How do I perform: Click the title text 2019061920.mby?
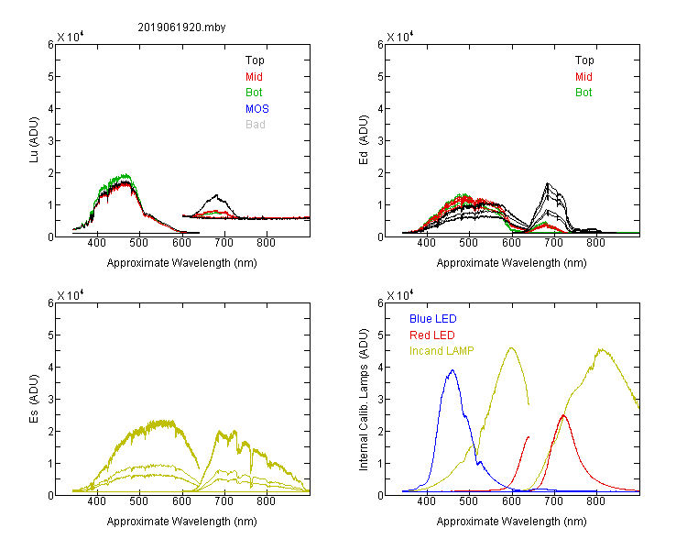tap(181, 27)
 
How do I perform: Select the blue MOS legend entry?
tap(257, 108)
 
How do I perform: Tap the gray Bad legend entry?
tap(256, 125)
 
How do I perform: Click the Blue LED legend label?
tap(433, 319)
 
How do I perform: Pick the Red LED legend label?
tap(432, 335)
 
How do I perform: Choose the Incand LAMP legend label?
tap(442, 351)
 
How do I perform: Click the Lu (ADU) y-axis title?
tap(34, 140)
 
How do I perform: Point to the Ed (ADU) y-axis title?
tap(364, 140)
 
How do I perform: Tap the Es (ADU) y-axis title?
tap(34, 399)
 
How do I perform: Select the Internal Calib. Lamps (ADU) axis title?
tap(364, 400)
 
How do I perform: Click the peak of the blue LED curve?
tap(453, 370)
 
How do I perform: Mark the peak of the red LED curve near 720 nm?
tap(563, 415)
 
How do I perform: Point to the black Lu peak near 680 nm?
tap(216, 195)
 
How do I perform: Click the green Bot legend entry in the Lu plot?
tap(254, 93)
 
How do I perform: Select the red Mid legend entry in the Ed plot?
tap(583, 77)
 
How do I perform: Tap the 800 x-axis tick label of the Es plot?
tap(266, 501)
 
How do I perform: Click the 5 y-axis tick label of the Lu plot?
tap(50, 77)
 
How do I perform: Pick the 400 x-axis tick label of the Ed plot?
tap(426, 243)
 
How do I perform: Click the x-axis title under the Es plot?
tap(182, 522)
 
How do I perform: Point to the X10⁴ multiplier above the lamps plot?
tap(400, 295)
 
